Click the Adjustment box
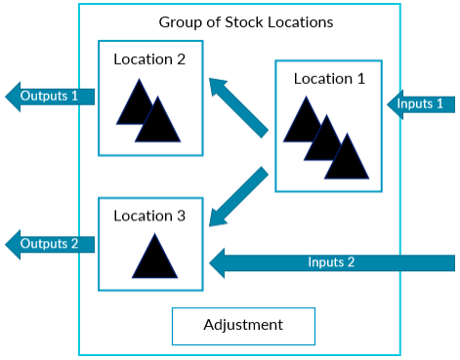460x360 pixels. tap(243, 325)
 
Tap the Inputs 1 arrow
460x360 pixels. tap(421, 102)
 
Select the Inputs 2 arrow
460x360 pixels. tap(332, 261)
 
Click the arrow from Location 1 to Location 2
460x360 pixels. tap(238, 105)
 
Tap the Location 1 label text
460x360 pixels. tap(329, 78)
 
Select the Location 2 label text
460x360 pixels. tap(149, 59)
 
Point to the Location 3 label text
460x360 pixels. tap(149, 215)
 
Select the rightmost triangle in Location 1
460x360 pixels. tap(347, 158)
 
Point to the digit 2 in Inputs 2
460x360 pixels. tap(350, 261)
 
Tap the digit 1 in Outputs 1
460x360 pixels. tap(73, 96)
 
